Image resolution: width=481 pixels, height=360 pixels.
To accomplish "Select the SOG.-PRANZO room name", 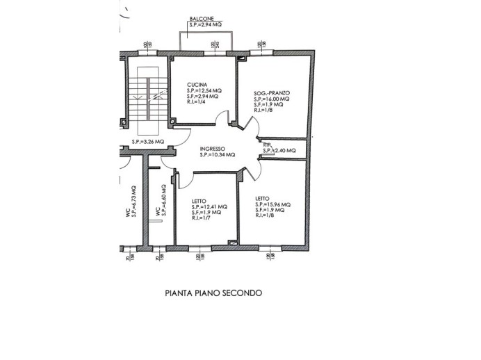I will (x=271, y=92).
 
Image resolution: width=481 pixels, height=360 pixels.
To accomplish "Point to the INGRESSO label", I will (x=211, y=149).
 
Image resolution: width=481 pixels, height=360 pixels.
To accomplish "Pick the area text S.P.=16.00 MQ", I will (x=272, y=99).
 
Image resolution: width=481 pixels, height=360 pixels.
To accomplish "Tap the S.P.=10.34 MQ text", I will (x=217, y=155).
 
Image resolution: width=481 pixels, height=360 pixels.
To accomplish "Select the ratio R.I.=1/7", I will (x=202, y=218).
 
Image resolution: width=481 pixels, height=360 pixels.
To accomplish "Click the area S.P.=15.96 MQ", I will (x=272, y=204).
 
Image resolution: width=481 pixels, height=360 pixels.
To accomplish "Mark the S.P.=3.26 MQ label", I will (x=147, y=142).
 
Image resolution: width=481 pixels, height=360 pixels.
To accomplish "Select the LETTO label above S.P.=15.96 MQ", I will (x=263, y=198).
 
